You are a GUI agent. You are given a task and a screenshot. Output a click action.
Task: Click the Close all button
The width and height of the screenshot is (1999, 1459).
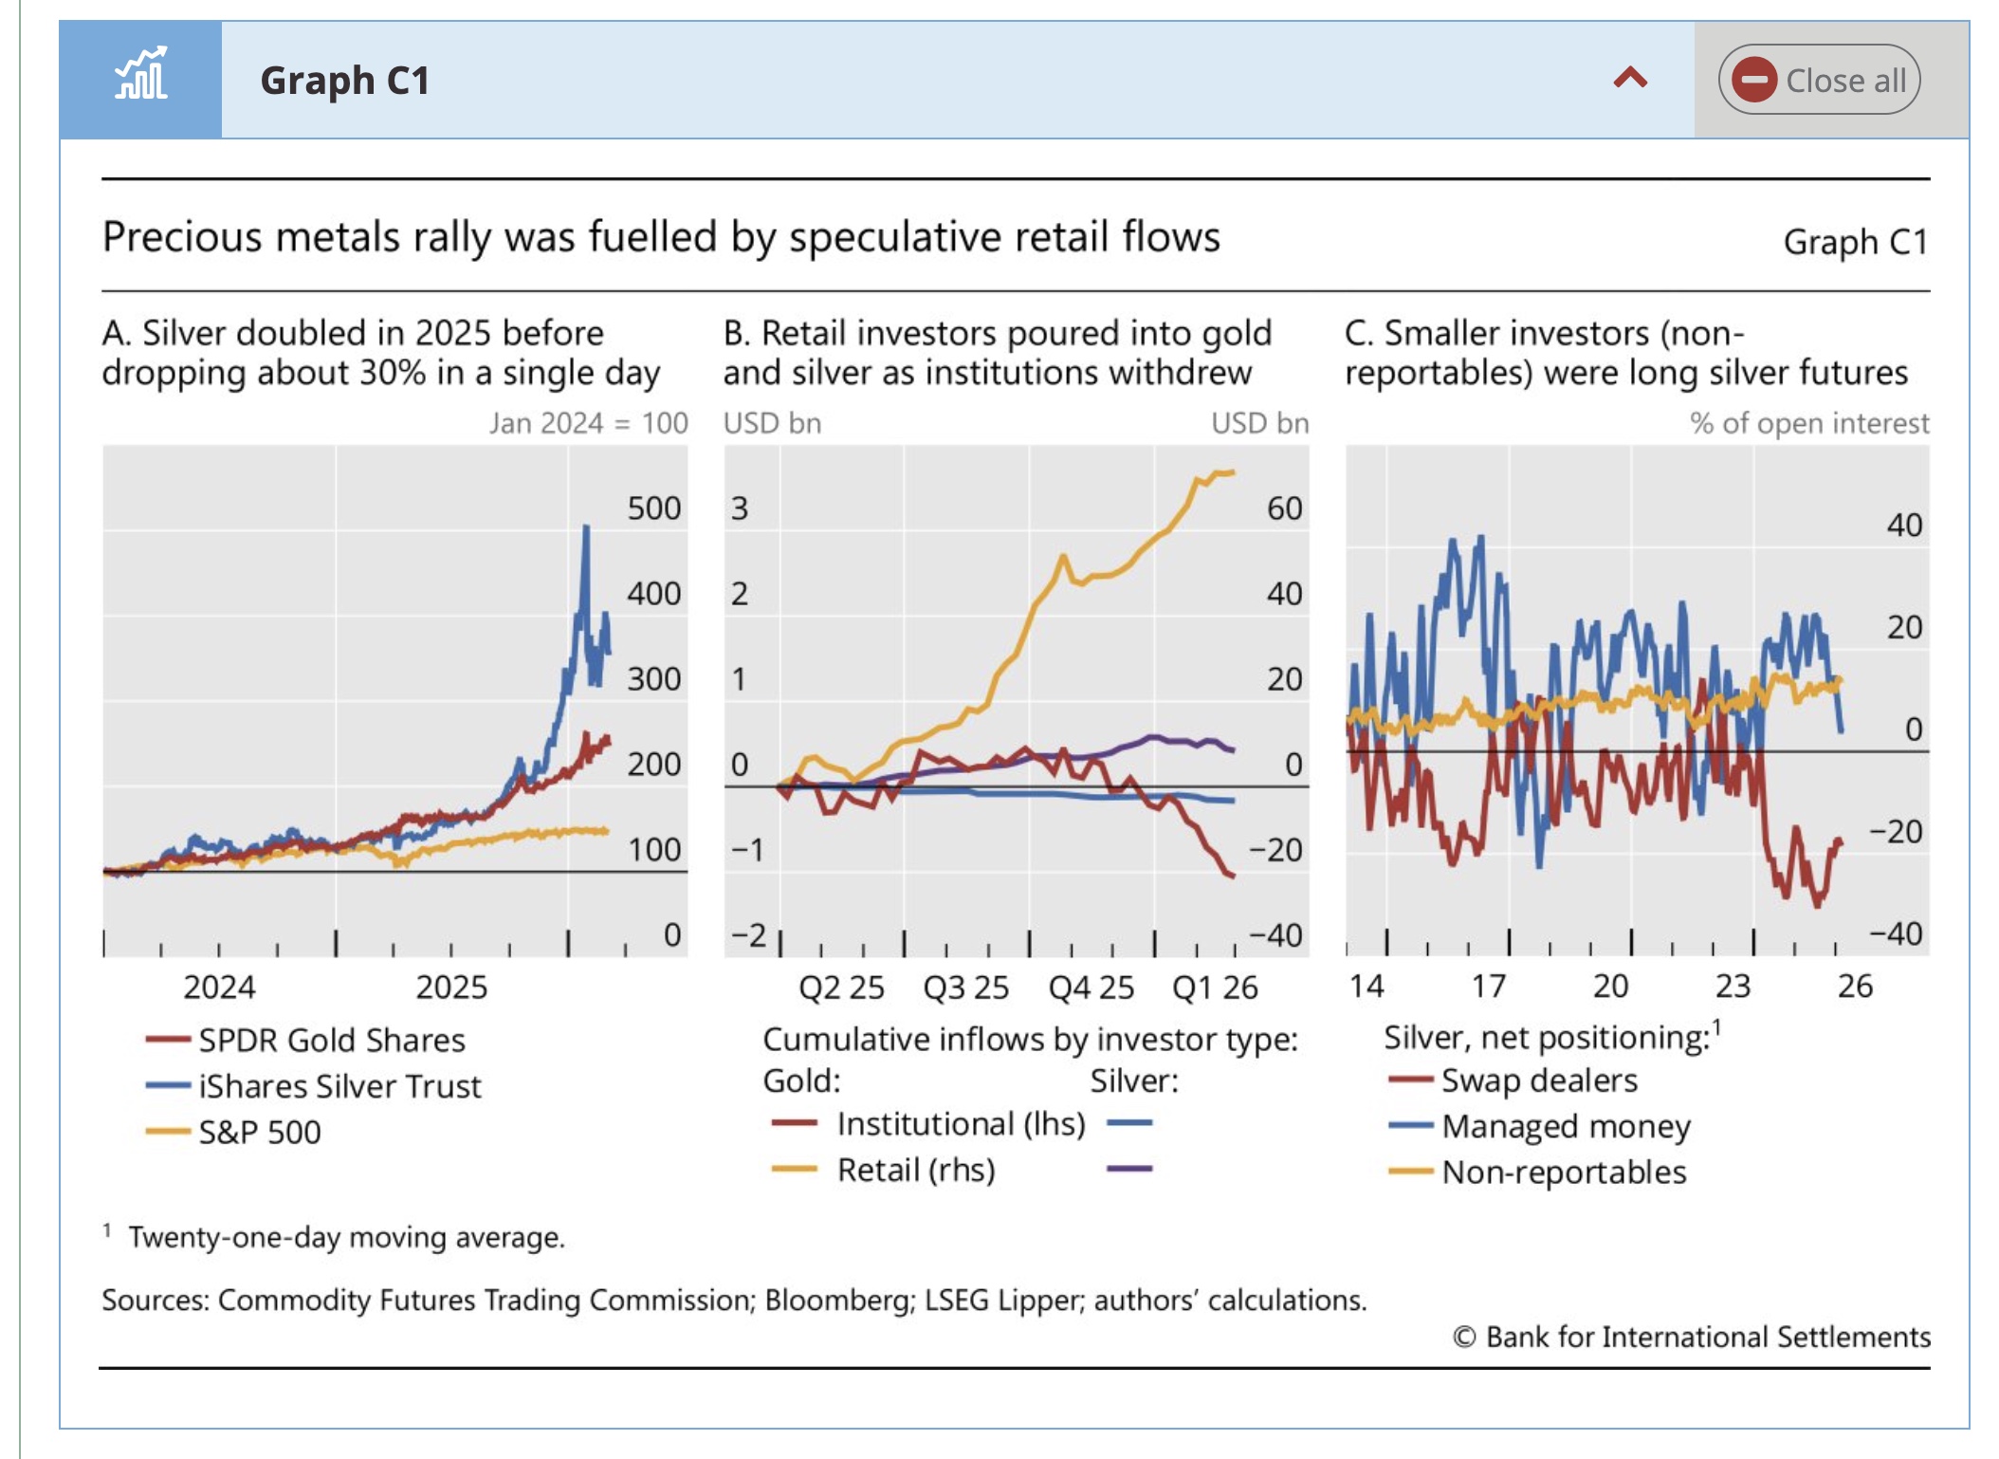(x=1819, y=80)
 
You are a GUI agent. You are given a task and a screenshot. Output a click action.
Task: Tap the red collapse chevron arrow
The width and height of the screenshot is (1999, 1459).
(x=1630, y=78)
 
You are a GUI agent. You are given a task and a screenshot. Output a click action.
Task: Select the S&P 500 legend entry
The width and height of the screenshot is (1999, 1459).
(x=259, y=1132)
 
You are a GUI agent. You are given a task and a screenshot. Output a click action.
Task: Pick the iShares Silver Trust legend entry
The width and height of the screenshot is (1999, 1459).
(x=339, y=1086)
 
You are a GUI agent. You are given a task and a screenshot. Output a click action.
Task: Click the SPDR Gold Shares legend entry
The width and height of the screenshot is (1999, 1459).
(x=331, y=1041)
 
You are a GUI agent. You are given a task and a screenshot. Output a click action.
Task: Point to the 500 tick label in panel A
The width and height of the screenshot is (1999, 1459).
(x=653, y=508)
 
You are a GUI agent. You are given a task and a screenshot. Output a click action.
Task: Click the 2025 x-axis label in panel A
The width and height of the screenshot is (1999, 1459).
(x=451, y=988)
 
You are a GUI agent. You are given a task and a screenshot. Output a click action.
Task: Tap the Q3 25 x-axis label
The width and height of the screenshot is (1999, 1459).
(x=965, y=988)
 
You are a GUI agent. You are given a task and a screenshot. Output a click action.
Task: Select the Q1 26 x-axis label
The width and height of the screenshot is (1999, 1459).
(x=1215, y=988)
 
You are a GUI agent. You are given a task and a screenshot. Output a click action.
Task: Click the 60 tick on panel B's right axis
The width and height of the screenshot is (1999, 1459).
(x=1284, y=508)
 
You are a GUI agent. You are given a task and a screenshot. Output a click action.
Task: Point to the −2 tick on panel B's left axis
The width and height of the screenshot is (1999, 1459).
(x=747, y=935)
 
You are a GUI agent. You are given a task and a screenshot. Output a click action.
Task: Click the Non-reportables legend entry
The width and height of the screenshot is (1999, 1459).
(x=1564, y=1173)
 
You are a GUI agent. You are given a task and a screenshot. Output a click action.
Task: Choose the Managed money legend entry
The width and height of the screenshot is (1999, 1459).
(x=1566, y=1127)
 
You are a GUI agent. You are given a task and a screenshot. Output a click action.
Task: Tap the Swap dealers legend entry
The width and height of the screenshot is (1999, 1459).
(x=1539, y=1080)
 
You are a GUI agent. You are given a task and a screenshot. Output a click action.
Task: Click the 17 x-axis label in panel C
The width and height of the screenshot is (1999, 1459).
(x=1489, y=987)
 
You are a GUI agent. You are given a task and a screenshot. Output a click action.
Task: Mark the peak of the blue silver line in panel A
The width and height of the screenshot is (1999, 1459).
(x=586, y=527)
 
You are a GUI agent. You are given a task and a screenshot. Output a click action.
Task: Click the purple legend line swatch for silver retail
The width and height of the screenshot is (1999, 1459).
(x=1129, y=1169)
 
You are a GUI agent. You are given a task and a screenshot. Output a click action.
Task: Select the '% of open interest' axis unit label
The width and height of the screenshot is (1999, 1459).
(x=1808, y=423)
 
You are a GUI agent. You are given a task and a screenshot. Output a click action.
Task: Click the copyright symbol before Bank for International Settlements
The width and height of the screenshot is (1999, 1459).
(x=1464, y=1338)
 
